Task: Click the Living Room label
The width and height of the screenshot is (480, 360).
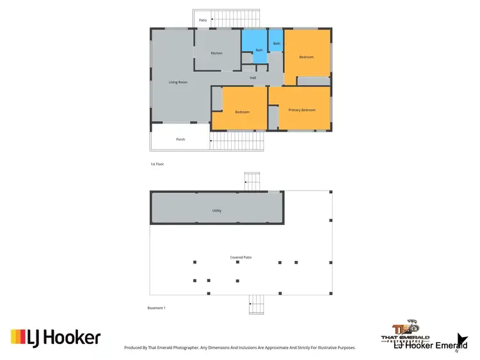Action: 178,82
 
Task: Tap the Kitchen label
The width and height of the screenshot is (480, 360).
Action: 217,53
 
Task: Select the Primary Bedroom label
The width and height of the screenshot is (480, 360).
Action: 302,110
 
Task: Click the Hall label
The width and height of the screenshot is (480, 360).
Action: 253,78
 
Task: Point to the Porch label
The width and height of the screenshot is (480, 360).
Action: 180,139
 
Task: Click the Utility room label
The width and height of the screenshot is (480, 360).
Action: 217,210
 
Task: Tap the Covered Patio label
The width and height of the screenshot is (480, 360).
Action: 241,257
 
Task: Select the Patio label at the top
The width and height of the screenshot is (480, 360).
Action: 203,20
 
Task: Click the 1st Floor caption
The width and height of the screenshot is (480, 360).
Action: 158,164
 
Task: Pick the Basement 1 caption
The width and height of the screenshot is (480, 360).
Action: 156,308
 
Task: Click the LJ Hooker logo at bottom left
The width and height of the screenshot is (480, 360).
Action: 56,337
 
